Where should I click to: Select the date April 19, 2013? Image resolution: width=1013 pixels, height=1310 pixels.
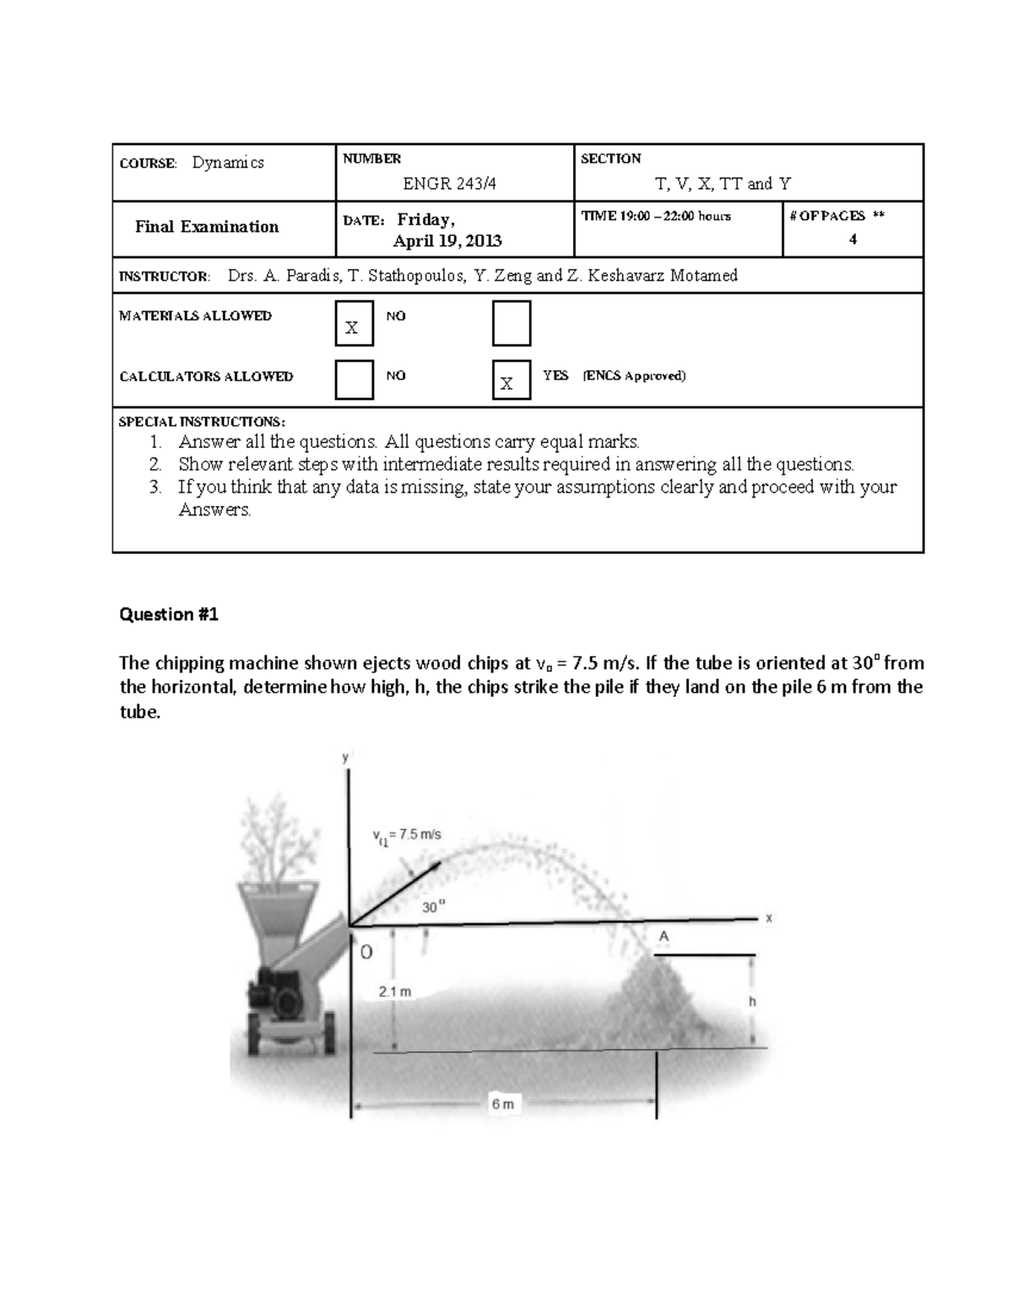click(x=447, y=241)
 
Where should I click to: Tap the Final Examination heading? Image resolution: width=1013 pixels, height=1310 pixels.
click(x=207, y=227)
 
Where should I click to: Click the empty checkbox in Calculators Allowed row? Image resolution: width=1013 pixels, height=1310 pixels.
click(x=354, y=380)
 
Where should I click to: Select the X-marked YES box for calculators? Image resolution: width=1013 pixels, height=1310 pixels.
click(x=511, y=380)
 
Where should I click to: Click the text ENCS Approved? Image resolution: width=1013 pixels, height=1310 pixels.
click(x=634, y=376)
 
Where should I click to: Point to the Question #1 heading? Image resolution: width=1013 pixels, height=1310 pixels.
click(x=169, y=615)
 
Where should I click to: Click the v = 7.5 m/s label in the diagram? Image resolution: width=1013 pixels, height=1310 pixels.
click(x=407, y=835)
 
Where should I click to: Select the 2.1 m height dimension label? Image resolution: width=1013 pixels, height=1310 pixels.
click(x=395, y=992)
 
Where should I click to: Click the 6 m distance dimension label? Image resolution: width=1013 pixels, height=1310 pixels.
click(x=503, y=1103)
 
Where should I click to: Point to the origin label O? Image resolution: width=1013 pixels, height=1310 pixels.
click(x=366, y=952)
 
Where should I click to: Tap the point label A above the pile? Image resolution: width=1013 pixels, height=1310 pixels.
click(x=664, y=936)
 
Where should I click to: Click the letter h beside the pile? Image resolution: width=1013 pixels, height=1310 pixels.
click(x=752, y=1002)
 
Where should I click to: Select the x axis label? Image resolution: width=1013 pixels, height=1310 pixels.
click(x=769, y=919)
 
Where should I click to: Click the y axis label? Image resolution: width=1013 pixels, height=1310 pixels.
click(x=344, y=757)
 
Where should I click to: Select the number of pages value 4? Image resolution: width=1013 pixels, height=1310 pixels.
click(x=853, y=240)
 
